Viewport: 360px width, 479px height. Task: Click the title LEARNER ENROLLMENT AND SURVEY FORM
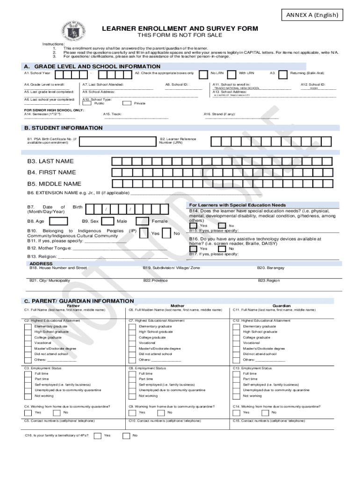click(180, 29)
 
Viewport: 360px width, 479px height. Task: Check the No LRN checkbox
click(203, 74)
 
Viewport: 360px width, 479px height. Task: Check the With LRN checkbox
click(231, 74)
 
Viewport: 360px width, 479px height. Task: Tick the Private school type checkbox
click(126, 103)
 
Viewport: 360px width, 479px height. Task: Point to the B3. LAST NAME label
click(50, 161)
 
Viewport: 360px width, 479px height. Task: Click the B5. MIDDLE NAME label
click(54, 184)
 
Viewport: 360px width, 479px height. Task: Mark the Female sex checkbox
click(144, 221)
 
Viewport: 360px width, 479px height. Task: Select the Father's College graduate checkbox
click(29, 337)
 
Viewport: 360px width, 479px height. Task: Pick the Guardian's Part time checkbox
click(237, 379)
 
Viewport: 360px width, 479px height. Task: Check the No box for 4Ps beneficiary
click(126, 435)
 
